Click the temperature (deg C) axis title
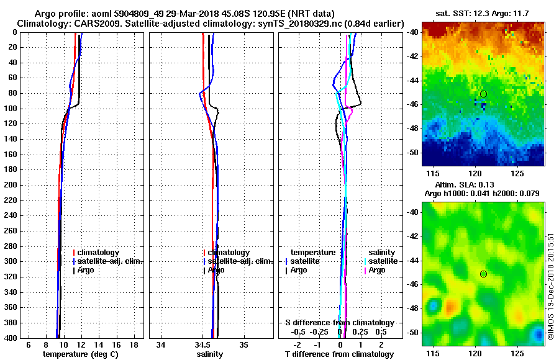click(x=80, y=354)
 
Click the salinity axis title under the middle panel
click(x=209, y=354)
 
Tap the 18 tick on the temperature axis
click(x=133, y=344)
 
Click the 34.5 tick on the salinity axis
click(x=202, y=344)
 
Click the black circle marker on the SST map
click(x=483, y=94)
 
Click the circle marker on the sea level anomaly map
click(x=483, y=274)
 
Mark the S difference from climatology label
click(x=339, y=322)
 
